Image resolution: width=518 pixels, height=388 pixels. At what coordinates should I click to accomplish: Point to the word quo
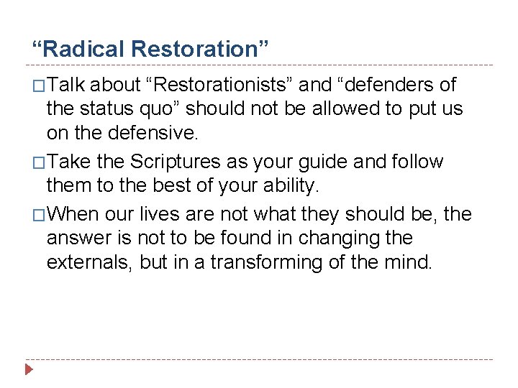point(164,109)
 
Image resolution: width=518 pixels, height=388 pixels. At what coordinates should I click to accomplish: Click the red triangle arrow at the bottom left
point(29,371)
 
